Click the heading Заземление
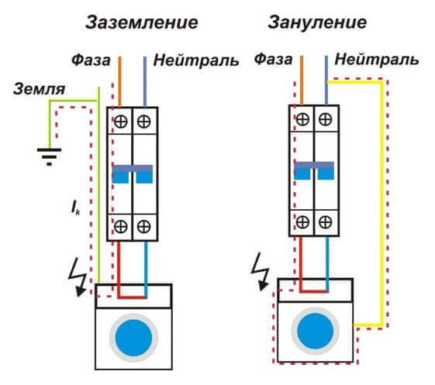[142, 22]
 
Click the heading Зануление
[317, 22]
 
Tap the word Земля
[39, 89]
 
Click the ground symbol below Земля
[49, 157]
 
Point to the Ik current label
[75, 208]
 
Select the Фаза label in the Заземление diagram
[91, 60]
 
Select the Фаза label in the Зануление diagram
[273, 60]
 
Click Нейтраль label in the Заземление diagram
[196, 60]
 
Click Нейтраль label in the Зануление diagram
[377, 60]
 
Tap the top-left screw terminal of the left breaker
[121, 122]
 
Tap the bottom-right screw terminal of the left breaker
[143, 226]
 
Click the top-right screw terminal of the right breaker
[326, 119]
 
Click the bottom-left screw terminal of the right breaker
[302, 222]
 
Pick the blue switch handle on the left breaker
[133, 174]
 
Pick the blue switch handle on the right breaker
[314, 170]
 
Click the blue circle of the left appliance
[133, 338]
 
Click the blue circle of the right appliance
[315, 331]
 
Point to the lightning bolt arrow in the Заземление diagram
[78, 278]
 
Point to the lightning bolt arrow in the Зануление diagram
[261, 272]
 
